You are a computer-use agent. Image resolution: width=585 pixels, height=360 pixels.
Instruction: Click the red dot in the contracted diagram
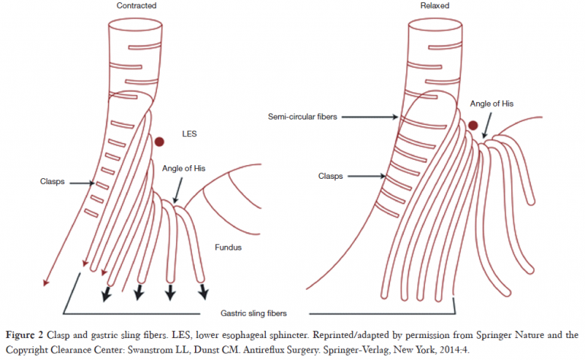[159, 142]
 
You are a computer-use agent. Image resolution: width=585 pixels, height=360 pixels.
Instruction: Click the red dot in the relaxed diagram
[473, 126]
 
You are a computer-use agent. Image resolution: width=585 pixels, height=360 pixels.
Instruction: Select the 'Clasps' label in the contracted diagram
[52, 182]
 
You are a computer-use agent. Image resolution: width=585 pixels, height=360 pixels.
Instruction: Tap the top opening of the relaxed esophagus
[432, 22]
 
